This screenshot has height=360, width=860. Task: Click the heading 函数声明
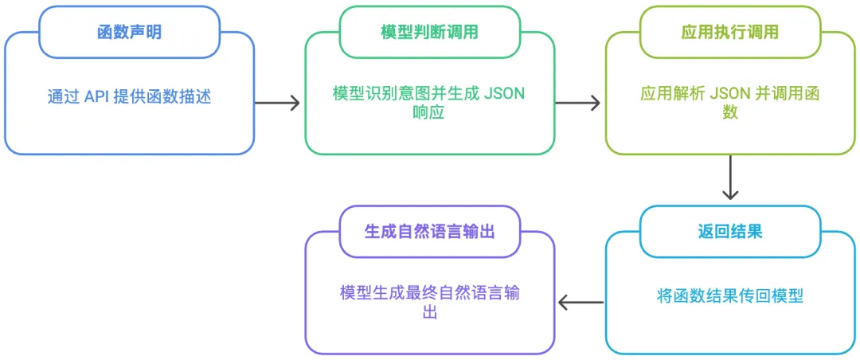tap(130, 33)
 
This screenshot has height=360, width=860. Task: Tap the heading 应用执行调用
tap(730, 33)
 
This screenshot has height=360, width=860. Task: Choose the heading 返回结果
tap(730, 232)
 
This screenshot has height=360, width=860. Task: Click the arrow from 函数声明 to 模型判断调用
tap(277, 102)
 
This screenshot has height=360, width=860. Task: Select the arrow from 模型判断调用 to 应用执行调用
tap(577, 102)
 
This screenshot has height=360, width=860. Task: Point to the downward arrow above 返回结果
tap(730, 178)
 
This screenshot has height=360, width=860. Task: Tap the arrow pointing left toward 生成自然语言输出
tap(580, 302)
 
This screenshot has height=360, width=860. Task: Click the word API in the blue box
tap(97, 96)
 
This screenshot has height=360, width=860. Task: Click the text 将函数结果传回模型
tap(730, 296)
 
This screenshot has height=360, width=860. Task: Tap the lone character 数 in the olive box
tap(730, 112)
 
